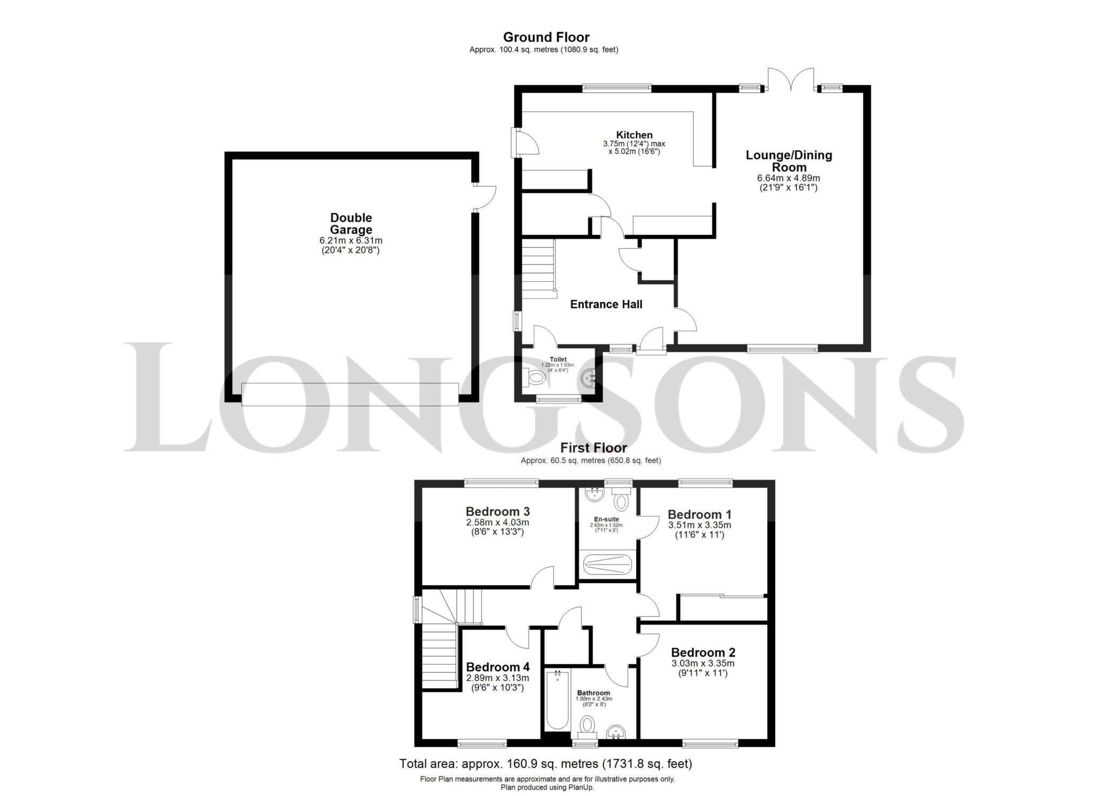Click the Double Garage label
pyautogui.click(x=351, y=223)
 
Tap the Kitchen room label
pyautogui.click(x=634, y=135)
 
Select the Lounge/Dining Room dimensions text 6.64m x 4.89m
pyautogui.click(x=788, y=178)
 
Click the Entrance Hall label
pyautogui.click(x=606, y=304)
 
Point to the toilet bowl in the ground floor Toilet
pyautogui.click(x=535, y=378)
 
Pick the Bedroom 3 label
pyautogui.click(x=497, y=512)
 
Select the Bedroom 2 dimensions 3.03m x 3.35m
pyautogui.click(x=703, y=663)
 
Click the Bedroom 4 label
pyautogui.click(x=497, y=667)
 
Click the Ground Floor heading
pyautogui.click(x=546, y=37)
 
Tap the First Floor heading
pyautogui.click(x=593, y=447)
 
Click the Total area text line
pyautogui.click(x=545, y=763)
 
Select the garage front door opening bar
pyautogui.click(x=350, y=394)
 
